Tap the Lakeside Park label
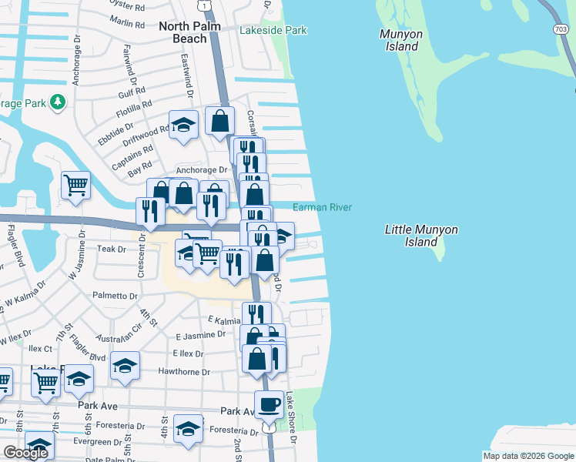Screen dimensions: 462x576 [x=273, y=31]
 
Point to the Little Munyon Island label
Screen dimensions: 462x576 [x=420, y=236]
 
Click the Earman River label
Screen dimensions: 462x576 [x=322, y=207]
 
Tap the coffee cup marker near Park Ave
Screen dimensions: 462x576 [x=269, y=404]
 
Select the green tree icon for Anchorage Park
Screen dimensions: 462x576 [x=56, y=102]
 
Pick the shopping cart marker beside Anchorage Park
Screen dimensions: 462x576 [x=75, y=184]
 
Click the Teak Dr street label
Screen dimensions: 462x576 [x=112, y=249]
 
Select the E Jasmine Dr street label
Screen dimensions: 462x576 [x=200, y=335]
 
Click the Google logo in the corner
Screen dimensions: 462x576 [x=26, y=453]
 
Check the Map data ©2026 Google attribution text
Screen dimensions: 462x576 [x=528, y=455]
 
